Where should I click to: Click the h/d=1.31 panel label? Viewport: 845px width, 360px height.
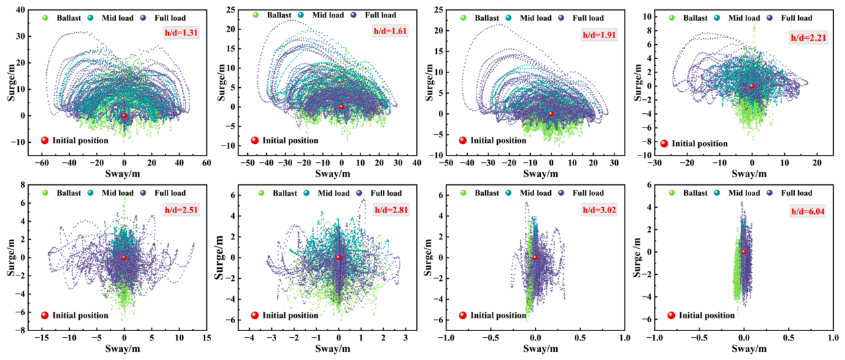[x=181, y=32]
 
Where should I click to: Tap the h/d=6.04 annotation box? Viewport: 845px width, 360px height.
[x=807, y=211]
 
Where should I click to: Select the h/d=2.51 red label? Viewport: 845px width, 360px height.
[x=181, y=210]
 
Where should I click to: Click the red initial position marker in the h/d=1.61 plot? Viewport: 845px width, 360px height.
[x=341, y=107]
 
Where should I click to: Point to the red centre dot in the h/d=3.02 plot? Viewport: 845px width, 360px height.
[x=535, y=257]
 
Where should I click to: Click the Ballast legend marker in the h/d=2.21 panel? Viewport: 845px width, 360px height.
[x=671, y=17]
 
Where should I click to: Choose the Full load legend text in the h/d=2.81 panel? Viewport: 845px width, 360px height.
[x=386, y=193]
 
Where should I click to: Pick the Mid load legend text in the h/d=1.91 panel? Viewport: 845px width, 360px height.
[x=535, y=17]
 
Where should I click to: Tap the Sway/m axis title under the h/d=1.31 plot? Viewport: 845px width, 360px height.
[x=123, y=174]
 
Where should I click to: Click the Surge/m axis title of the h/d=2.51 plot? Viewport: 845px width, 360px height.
[x=11, y=257]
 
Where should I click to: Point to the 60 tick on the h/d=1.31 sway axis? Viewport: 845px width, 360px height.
[x=206, y=163]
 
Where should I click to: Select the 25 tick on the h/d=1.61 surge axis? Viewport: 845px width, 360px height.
[x=231, y=10]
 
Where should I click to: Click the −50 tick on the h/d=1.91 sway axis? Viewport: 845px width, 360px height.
[x=446, y=163]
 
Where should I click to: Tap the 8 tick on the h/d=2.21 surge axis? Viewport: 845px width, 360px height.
[x=649, y=31]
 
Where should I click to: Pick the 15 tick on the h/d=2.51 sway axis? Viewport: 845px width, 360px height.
[x=206, y=338]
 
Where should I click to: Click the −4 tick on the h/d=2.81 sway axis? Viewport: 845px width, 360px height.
[x=249, y=338]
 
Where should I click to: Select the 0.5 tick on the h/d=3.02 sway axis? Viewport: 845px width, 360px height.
[x=580, y=338]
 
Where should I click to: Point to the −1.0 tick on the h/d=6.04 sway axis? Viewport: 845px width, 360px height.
[x=655, y=338]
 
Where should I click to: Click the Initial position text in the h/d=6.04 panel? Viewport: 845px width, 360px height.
[x=707, y=316]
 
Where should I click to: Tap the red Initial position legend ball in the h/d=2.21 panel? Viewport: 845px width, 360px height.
[x=664, y=143]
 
